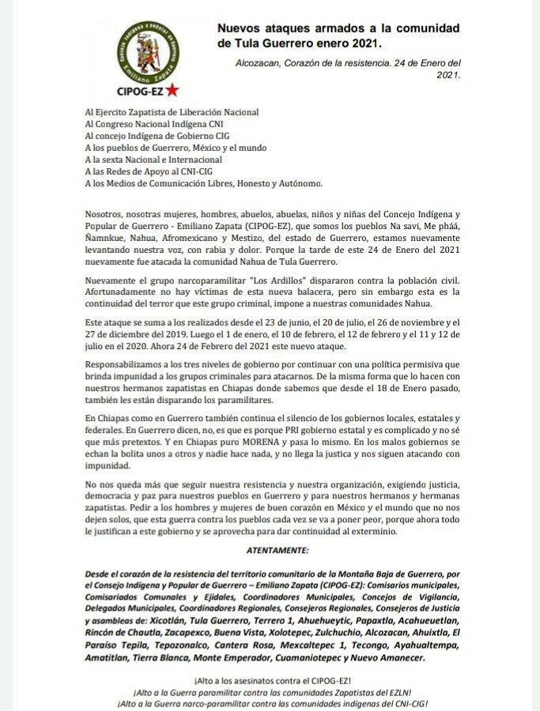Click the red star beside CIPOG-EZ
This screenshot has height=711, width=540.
(x=172, y=91)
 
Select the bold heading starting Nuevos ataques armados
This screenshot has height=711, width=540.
(x=338, y=35)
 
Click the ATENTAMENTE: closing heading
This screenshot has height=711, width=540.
(x=270, y=547)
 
